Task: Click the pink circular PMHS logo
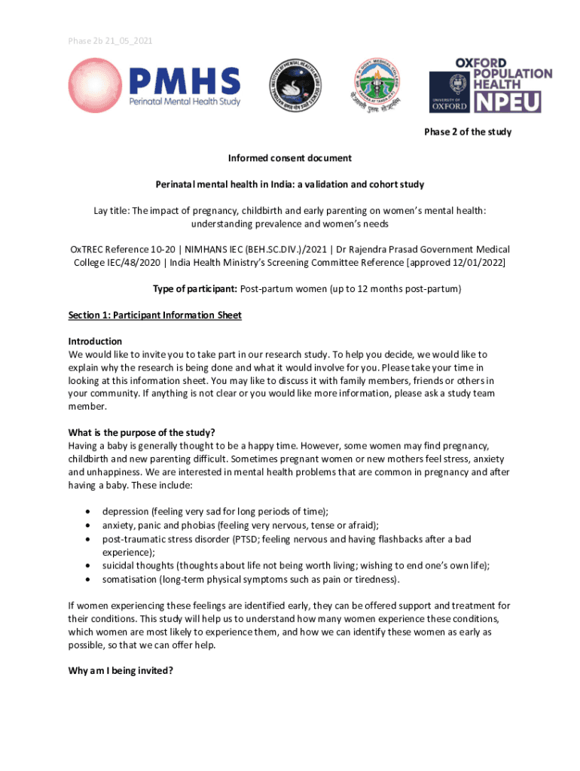coord(96,86)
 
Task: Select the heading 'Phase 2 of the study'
coord(467,132)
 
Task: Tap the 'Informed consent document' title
coord(290,158)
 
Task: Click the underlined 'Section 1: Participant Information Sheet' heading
coord(154,315)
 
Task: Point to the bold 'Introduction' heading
coord(95,341)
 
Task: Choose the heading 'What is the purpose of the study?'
coord(142,432)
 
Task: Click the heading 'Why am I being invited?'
coord(121,672)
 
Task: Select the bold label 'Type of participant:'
coord(194,288)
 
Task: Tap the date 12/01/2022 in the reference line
coord(477,262)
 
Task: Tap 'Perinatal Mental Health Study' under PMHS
coord(185,101)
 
